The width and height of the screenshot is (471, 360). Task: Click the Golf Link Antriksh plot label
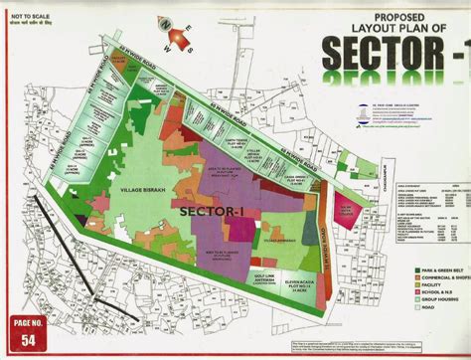tap(251, 281)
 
